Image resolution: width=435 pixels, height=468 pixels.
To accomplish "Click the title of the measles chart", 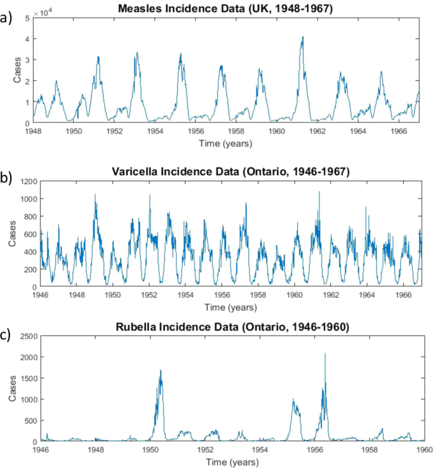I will coord(232,8).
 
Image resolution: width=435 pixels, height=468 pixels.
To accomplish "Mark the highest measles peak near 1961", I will coord(303,37).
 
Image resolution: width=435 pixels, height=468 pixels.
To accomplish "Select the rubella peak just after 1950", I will coord(161,370).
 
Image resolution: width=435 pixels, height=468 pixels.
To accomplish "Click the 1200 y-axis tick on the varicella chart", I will coord(29,181).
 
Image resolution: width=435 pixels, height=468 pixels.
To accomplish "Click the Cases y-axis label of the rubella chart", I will coord(13,389).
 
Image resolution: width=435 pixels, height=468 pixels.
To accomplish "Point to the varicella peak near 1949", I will coord(95,195).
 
